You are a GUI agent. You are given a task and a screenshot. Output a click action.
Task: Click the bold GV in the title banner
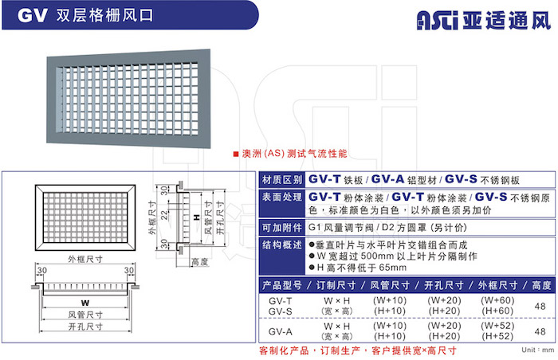tap(32, 16)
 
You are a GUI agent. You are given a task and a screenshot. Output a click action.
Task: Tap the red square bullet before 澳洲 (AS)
tap(236, 154)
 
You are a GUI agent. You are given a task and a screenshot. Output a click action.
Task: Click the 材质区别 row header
tap(282, 180)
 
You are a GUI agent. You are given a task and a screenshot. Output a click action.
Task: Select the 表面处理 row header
tap(282, 197)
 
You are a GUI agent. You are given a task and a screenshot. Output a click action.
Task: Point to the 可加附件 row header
tap(282, 228)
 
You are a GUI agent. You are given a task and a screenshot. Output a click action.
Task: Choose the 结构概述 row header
tap(282, 245)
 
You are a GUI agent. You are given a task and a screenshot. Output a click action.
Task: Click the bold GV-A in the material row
tap(387, 179)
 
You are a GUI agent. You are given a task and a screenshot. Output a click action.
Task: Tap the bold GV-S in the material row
tap(461, 179)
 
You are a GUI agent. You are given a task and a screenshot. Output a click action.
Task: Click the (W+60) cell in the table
tap(497, 300)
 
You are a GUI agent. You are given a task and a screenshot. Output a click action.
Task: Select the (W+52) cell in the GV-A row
tap(497, 326)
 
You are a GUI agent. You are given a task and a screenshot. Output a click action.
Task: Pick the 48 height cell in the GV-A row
tap(540, 331)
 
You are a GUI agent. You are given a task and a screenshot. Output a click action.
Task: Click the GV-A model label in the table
tap(281, 331)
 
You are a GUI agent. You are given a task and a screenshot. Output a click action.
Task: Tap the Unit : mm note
tap(538, 350)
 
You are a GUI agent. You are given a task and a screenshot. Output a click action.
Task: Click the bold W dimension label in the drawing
tap(85, 303)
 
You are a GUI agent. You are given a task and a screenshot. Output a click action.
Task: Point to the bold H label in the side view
tap(196, 217)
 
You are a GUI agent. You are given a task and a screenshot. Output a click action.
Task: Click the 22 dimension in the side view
tap(164, 215)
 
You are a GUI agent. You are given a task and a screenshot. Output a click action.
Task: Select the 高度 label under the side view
tap(199, 262)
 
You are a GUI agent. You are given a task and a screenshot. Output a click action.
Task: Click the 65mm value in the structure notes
tap(392, 268)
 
